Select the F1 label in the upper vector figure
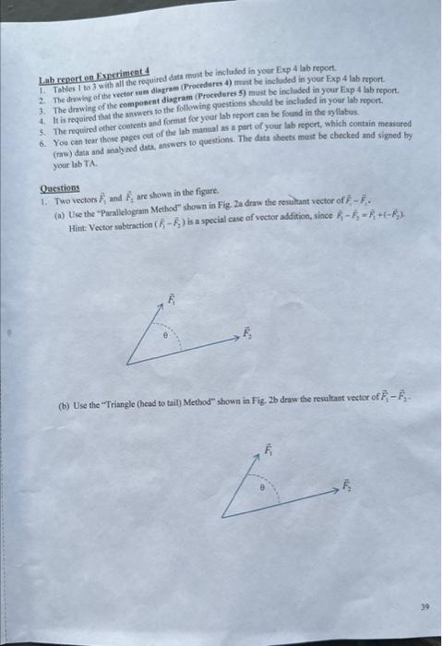pos(169,299)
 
